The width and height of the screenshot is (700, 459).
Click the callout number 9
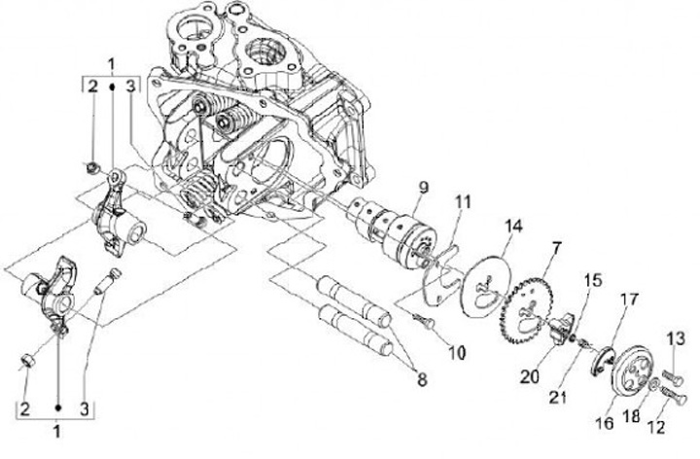[x=423, y=188]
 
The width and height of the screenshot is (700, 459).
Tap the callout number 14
[x=513, y=226]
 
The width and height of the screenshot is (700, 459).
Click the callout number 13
[x=676, y=338]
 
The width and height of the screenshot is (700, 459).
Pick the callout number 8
[x=421, y=379]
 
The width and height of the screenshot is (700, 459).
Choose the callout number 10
[x=456, y=353]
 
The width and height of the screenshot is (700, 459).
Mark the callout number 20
[x=530, y=377]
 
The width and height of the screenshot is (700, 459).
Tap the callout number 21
[x=558, y=397]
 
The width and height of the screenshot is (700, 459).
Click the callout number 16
[x=605, y=423]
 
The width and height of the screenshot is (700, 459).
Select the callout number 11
[x=463, y=202]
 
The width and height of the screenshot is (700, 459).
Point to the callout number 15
[x=593, y=281]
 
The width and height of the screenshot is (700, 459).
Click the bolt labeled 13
[x=673, y=377]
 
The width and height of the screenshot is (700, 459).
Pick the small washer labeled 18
[x=653, y=384]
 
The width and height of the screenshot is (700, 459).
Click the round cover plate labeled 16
[x=630, y=371]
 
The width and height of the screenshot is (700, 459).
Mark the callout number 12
[x=656, y=427]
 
